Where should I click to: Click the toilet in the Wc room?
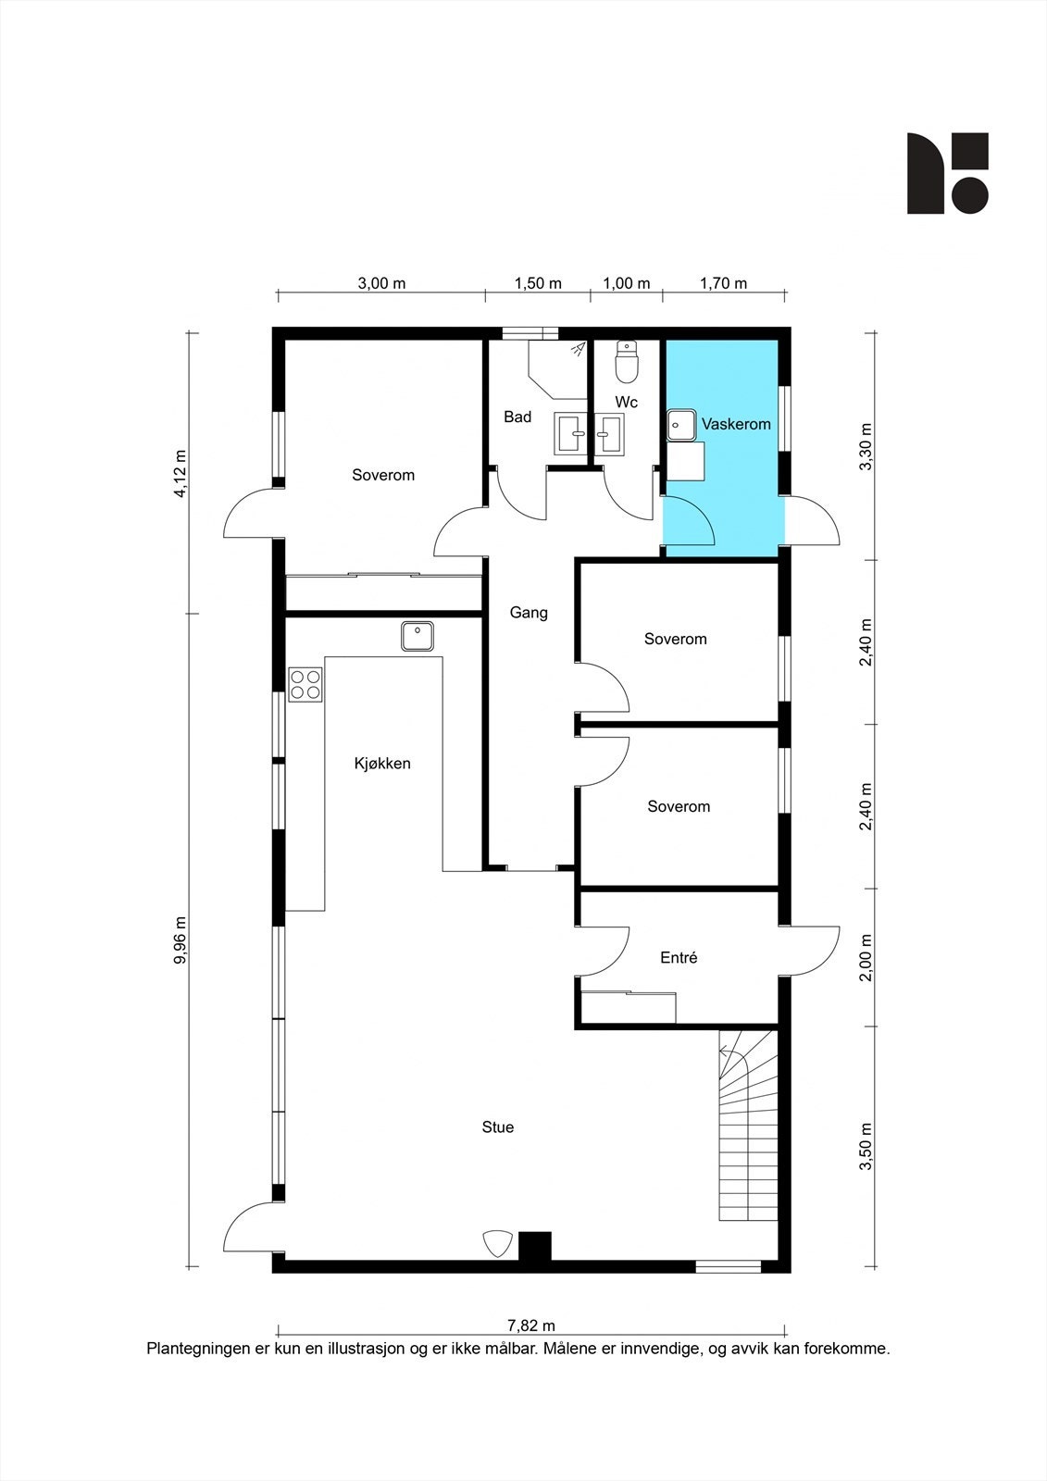coord(626,362)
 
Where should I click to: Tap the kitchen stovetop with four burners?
coord(305,684)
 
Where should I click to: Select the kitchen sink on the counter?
coord(418,636)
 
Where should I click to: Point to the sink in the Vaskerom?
coord(681,425)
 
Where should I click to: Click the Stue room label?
coord(497,1126)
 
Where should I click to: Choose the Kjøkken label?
coord(382,764)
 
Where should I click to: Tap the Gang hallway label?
coord(529,613)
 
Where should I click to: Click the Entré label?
coord(679,957)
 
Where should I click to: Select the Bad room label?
coord(517,417)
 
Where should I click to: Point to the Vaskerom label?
coord(736,424)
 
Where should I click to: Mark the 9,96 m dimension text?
coord(180,940)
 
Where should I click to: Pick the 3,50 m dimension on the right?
coord(866,1147)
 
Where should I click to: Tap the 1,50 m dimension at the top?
coord(539,283)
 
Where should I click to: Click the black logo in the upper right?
coord(947,173)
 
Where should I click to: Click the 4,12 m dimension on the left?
coord(180,473)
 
